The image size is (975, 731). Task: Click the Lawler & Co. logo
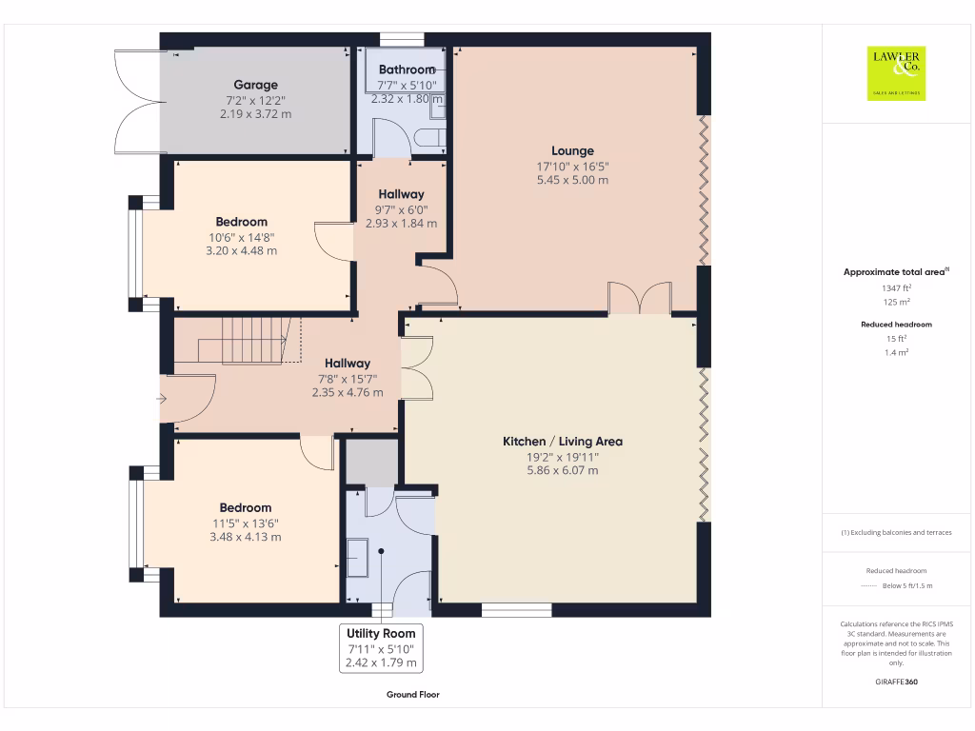896,73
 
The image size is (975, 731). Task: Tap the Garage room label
256,85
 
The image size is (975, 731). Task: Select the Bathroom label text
407,69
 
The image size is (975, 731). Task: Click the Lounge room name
572,150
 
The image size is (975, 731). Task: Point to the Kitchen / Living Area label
563,442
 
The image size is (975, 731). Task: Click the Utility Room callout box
381,648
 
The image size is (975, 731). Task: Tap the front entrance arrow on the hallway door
163,399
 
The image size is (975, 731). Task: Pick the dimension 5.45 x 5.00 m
572,179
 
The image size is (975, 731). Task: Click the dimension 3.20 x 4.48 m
242,251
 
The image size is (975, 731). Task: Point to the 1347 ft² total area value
895,287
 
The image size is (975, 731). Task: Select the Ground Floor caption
413,695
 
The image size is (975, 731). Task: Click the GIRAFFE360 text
896,682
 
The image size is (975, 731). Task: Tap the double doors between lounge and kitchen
639,299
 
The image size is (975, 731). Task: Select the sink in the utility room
359,558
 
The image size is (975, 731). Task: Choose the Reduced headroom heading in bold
896,325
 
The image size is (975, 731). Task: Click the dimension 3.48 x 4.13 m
246,537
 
